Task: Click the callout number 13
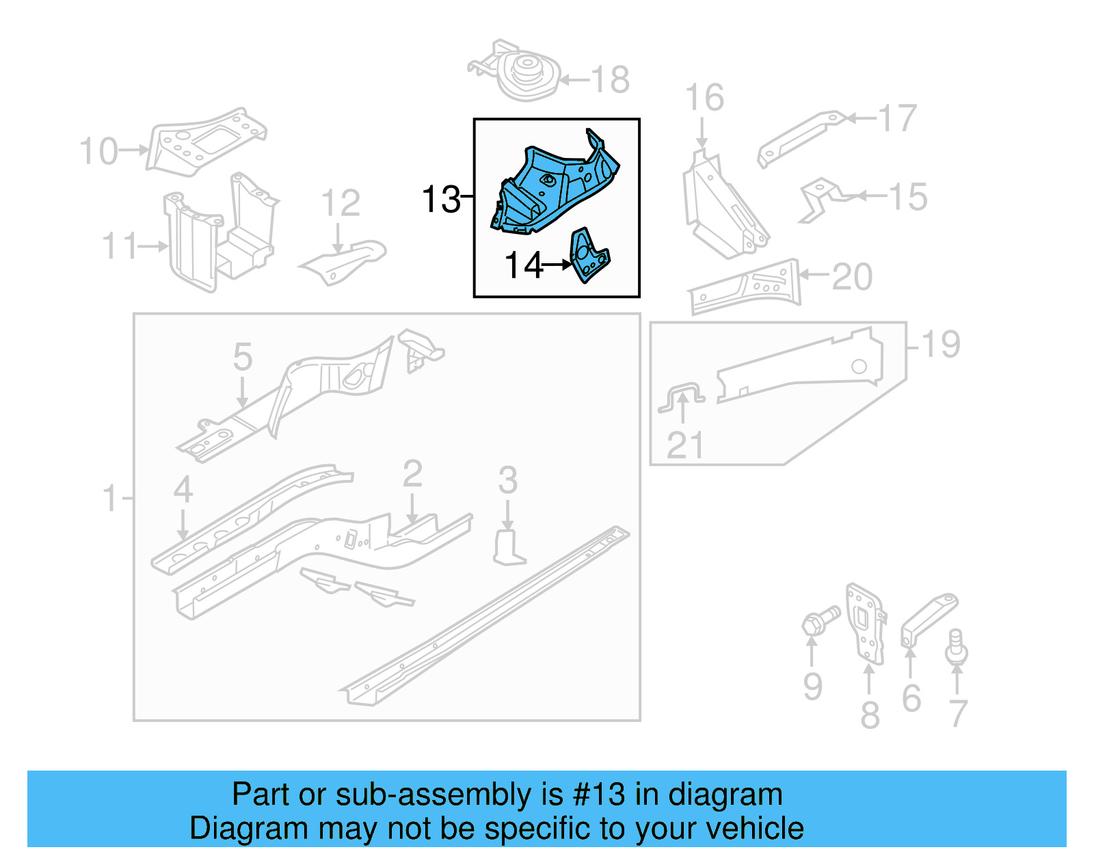point(441,200)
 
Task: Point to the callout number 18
point(610,80)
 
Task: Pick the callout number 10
point(98,151)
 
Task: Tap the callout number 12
point(340,203)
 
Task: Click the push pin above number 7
point(956,646)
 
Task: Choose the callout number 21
point(684,446)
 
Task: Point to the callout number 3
point(507,480)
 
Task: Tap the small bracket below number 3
point(507,548)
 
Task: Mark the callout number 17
point(897,118)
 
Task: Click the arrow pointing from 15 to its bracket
point(868,196)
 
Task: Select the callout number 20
point(852,277)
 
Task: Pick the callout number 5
point(242,357)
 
